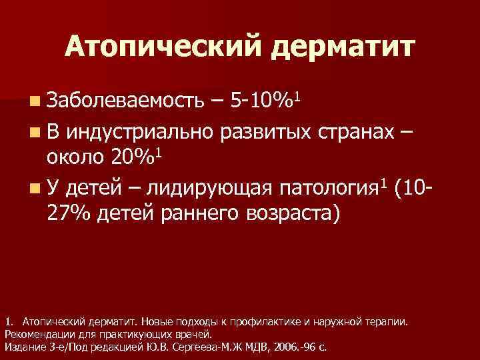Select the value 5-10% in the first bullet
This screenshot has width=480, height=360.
coord(260,102)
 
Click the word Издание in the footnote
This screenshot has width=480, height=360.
coord(22,347)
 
